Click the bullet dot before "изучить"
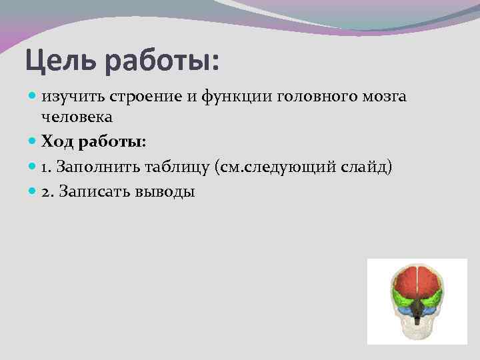[x=33, y=97]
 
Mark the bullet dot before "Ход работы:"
[x=33, y=142]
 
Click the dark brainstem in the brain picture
[x=417, y=309]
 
